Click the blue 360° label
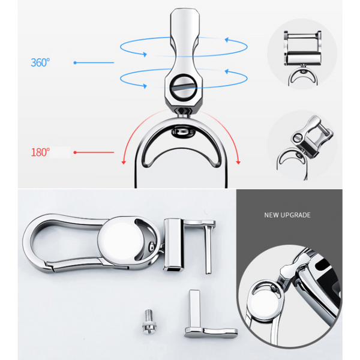(40, 62)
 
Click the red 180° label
(40, 152)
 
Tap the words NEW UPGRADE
(287, 215)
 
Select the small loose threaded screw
(149, 322)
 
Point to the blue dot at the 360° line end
(75, 62)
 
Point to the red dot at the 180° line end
(75, 152)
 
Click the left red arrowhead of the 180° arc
(124, 163)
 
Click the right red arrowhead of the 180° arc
(238, 163)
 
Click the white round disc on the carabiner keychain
(121, 239)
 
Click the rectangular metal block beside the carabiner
(174, 245)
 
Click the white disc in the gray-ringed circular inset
(266, 308)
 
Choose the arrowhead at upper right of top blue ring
(227, 40)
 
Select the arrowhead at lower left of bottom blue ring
(145, 86)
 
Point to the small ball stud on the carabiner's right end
(152, 247)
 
